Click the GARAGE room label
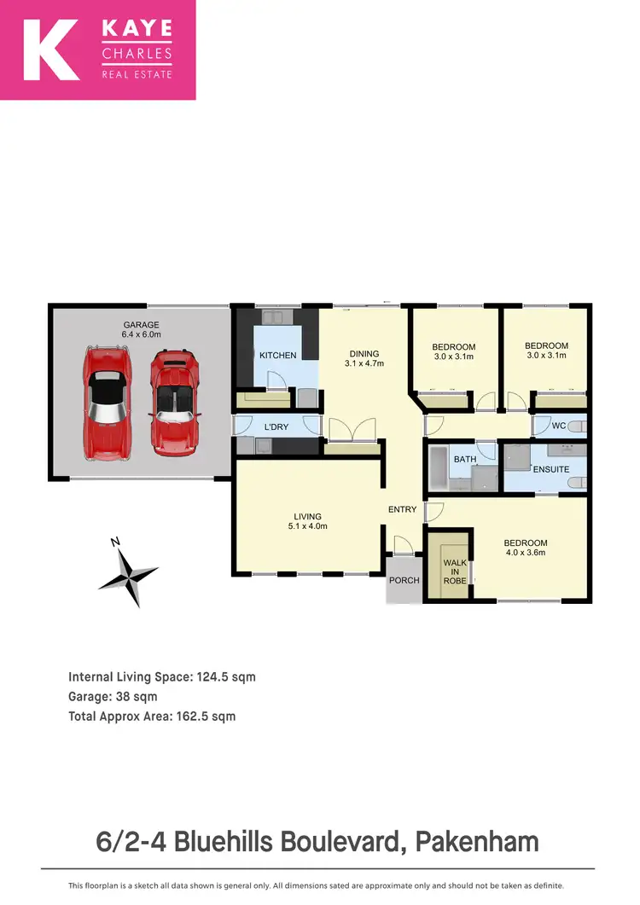tap(141, 324)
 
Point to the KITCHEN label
tap(277, 356)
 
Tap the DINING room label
tap(364, 354)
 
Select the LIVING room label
tap(307, 516)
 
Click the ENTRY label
tap(402, 510)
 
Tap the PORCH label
tap(404, 580)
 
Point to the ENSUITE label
tap(550, 469)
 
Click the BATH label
tap(465, 459)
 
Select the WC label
tap(559, 426)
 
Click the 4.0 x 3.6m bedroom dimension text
tap(525, 553)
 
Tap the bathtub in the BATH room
tap(438, 467)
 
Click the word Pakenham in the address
tap(477, 842)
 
